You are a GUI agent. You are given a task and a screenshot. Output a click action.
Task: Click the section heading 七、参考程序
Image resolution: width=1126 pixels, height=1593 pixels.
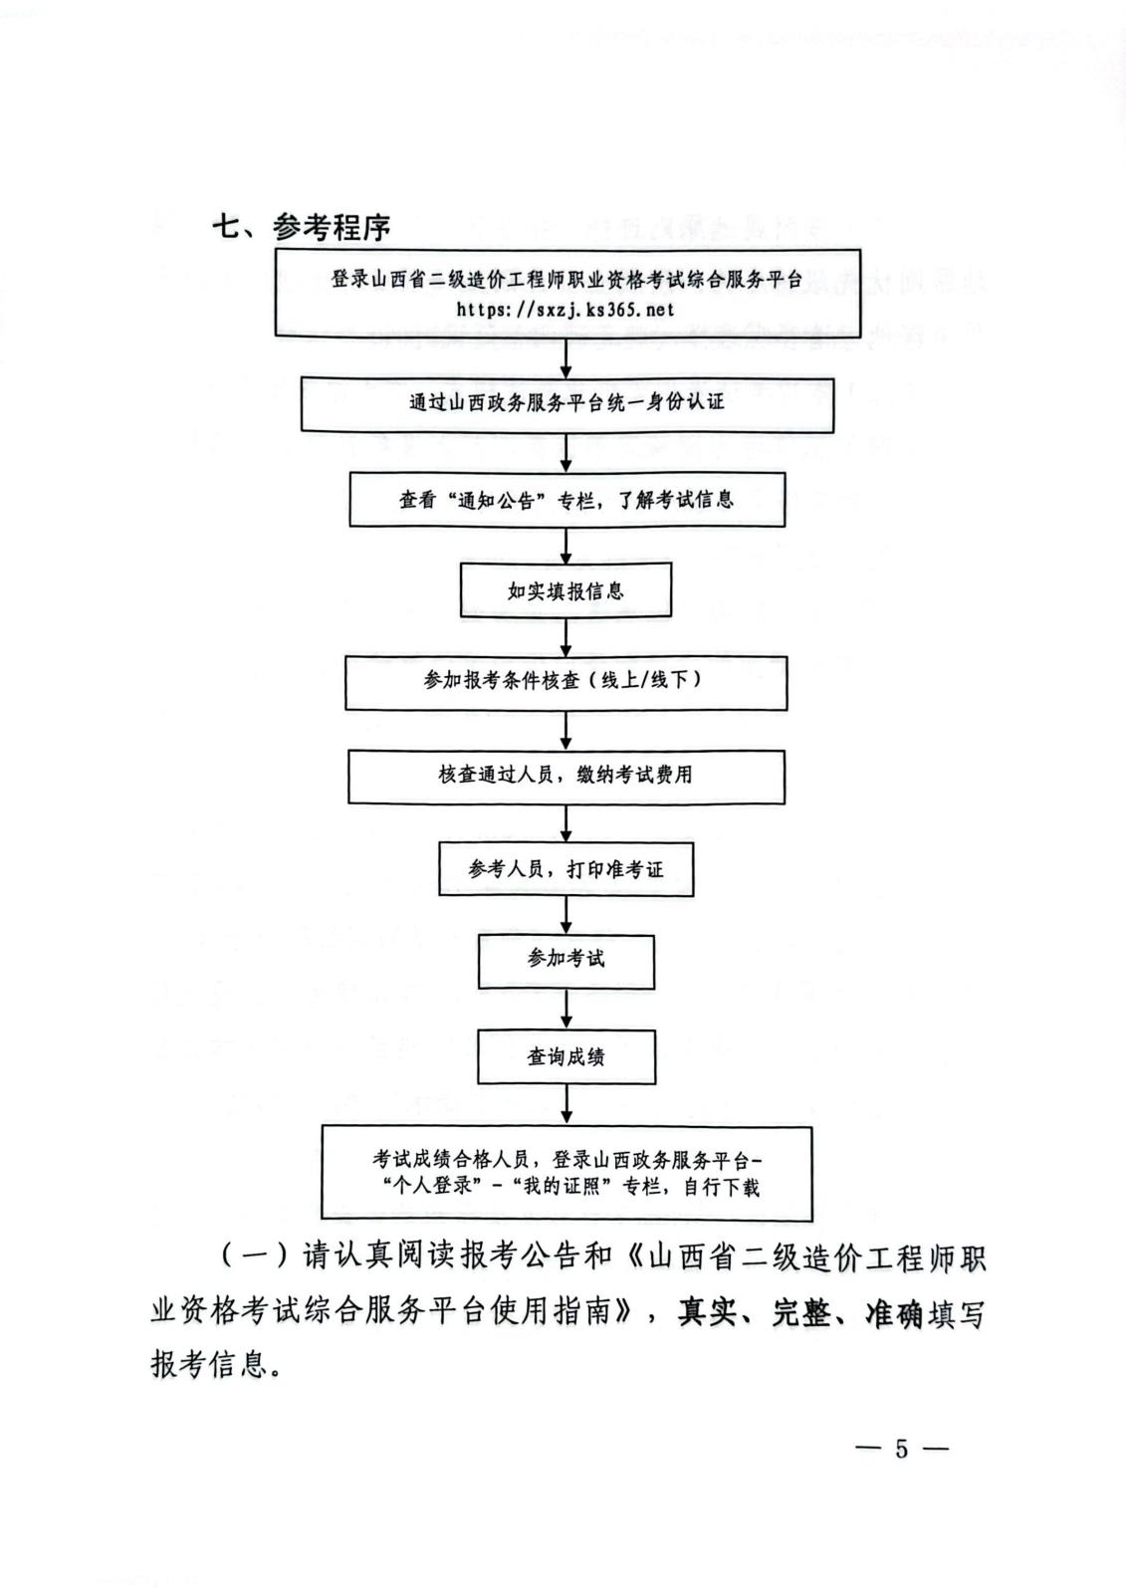(x=302, y=228)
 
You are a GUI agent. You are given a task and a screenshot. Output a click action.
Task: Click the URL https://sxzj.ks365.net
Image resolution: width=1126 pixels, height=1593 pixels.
(x=564, y=310)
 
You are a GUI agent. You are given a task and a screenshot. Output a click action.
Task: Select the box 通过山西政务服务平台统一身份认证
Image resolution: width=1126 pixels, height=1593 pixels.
(x=566, y=404)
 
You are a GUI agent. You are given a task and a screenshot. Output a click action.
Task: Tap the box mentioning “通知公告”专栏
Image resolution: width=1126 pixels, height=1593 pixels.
(x=566, y=500)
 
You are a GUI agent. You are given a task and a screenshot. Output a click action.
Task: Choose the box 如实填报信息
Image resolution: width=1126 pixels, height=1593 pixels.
(x=566, y=590)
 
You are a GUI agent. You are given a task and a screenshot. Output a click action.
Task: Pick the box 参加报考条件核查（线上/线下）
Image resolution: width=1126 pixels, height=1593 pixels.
(x=566, y=682)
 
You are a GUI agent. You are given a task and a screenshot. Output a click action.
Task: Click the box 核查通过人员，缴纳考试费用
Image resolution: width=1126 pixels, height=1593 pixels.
(x=566, y=777)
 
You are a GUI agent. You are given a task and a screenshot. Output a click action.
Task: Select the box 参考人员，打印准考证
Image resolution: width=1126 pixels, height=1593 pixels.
(x=566, y=869)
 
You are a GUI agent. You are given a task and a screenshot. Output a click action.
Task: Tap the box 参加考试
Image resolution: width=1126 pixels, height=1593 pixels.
(x=566, y=962)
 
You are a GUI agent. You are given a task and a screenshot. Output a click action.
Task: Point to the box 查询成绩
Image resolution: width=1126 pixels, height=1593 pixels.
(x=566, y=1056)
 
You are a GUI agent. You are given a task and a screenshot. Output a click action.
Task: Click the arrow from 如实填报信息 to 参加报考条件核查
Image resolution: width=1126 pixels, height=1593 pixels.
(x=566, y=636)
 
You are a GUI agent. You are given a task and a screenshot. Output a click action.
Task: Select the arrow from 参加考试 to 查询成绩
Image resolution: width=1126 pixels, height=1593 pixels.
(x=566, y=1010)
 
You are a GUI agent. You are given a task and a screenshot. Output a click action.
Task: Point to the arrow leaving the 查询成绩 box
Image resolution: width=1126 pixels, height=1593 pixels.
(x=566, y=1104)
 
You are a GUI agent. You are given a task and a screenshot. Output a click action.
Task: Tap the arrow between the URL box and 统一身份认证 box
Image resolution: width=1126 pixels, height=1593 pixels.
(x=566, y=357)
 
